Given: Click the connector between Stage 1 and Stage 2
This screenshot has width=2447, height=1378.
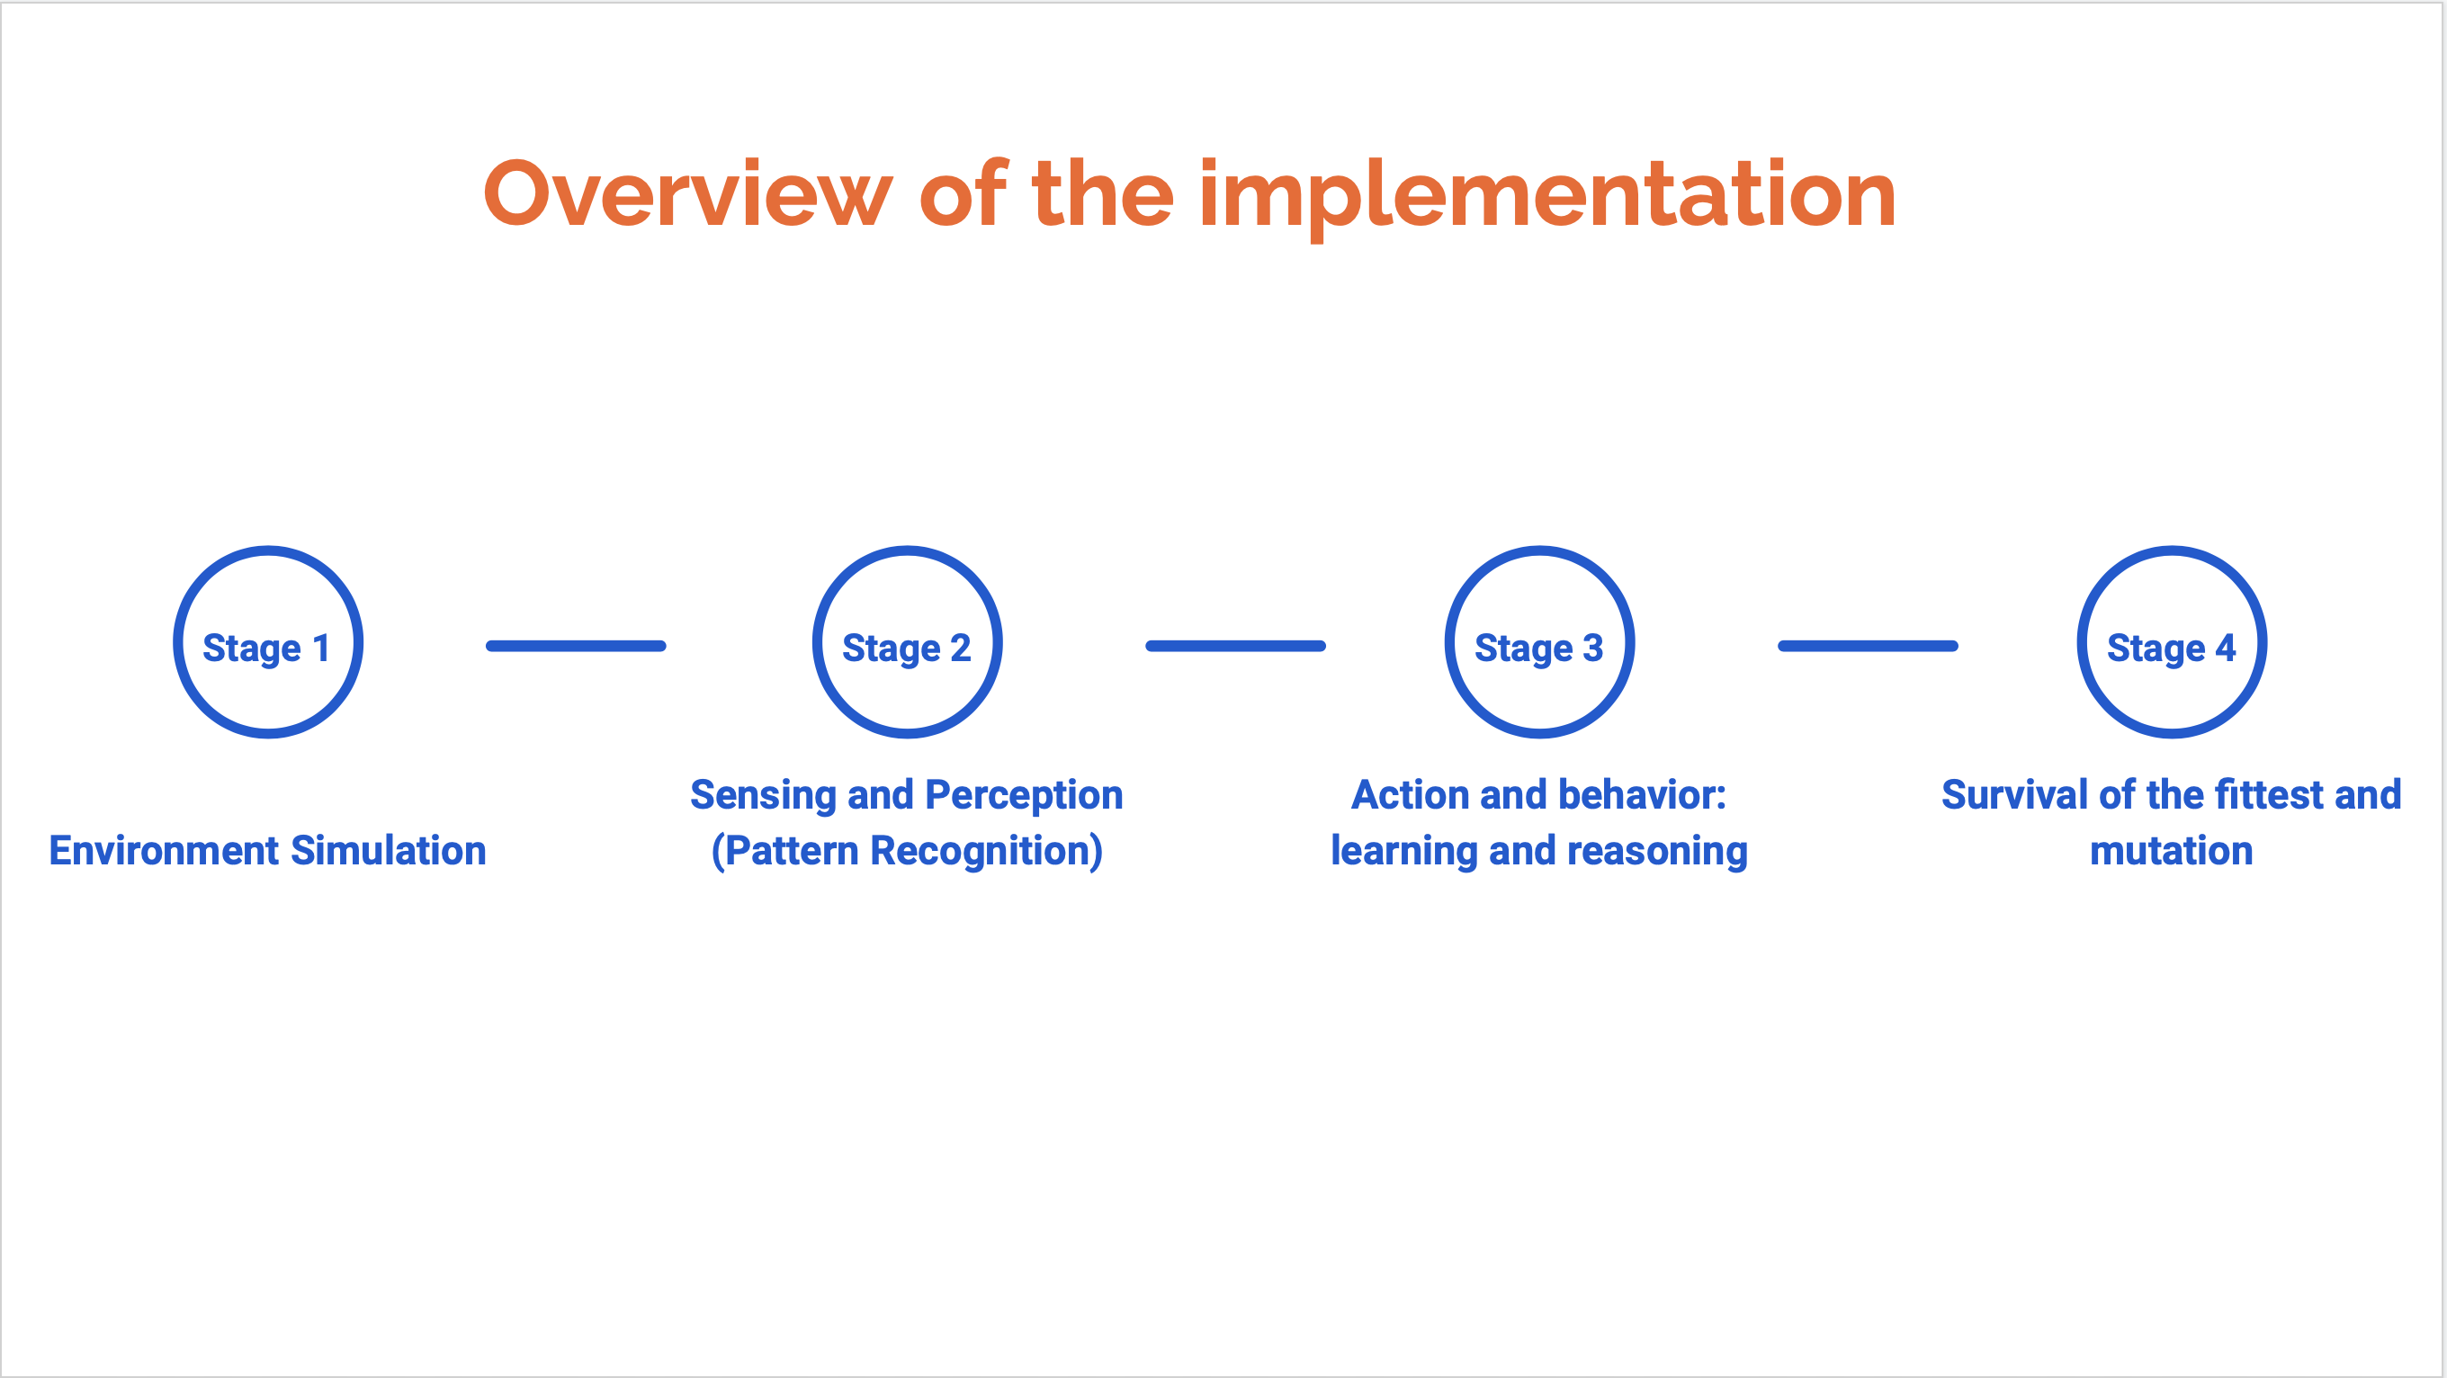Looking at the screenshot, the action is (x=576, y=646).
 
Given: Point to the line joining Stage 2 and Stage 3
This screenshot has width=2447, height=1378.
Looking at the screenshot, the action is (x=1236, y=646).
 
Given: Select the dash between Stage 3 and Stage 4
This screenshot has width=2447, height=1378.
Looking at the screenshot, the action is (x=1869, y=646).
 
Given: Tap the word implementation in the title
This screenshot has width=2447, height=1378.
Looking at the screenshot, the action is (x=1548, y=197).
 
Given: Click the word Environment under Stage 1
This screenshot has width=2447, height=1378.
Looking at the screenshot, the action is (x=165, y=850).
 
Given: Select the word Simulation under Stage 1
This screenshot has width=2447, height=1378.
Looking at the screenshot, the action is (x=390, y=850).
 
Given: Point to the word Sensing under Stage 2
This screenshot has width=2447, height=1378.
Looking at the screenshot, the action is (x=763, y=796).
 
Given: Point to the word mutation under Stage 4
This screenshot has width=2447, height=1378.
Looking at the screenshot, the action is (x=2172, y=851).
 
